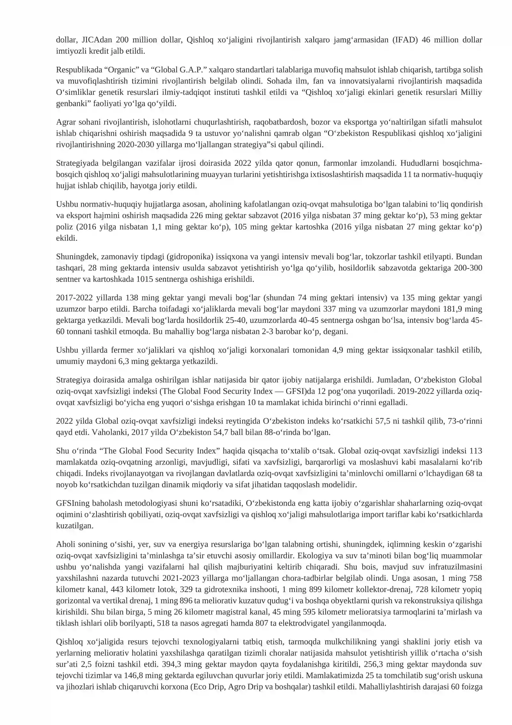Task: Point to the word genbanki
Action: tap(69, 104)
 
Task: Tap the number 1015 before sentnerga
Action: tap(144, 279)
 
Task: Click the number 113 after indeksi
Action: tap(476, 451)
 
